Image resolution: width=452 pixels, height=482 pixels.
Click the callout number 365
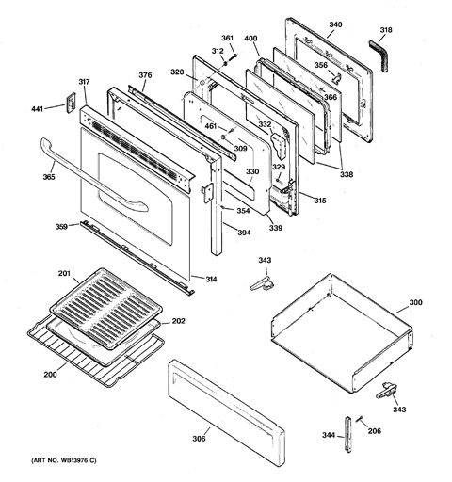[x=49, y=177]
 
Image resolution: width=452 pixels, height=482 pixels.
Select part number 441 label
[x=37, y=109]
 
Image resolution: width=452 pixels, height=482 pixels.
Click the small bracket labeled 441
[x=71, y=103]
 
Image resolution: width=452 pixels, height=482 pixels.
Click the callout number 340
[x=335, y=24]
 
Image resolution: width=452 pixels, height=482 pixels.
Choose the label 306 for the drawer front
[x=199, y=439]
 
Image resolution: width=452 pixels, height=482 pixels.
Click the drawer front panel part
[x=226, y=412]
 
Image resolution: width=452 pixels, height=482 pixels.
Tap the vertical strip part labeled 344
[x=347, y=434]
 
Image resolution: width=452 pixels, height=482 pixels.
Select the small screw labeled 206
[x=360, y=419]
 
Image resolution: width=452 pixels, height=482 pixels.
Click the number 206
[x=375, y=431]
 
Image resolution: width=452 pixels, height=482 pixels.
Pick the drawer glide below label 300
[x=386, y=391]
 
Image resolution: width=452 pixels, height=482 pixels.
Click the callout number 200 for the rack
[x=50, y=375]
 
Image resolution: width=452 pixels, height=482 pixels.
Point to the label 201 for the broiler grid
[x=64, y=274]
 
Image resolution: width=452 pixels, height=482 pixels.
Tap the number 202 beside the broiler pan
[x=178, y=321]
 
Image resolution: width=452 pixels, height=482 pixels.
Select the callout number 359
[x=61, y=226]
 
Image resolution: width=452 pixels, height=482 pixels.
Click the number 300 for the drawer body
[x=415, y=302]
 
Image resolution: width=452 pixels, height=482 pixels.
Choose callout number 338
[x=347, y=174]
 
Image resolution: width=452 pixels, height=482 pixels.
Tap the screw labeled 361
[x=234, y=56]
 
